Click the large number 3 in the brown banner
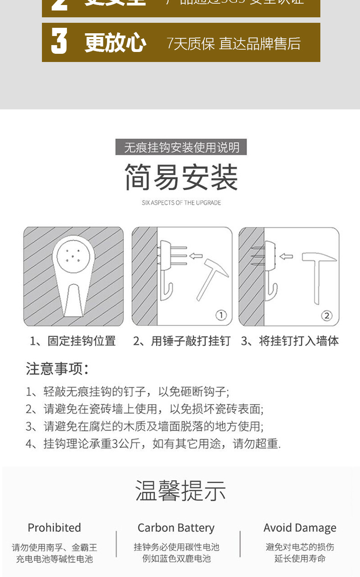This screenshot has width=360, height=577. pos(59,42)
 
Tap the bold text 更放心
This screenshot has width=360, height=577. pos(115,43)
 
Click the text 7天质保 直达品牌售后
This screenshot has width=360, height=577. pos(234,44)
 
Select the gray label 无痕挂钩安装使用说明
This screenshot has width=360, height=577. pos(181,148)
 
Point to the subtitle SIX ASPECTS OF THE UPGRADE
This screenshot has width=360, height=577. pos(181,203)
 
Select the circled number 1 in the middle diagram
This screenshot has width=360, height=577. pos(221,315)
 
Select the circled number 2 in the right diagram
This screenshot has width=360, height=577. pos(327,315)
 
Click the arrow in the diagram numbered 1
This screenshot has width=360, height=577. pos(195,256)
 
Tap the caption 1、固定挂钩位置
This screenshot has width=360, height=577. pos(73,341)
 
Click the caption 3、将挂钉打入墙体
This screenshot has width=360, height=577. pos(290,341)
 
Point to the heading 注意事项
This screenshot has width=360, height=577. pos(57,368)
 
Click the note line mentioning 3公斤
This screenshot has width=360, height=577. pos(153,443)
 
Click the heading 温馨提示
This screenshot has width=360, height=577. pos(181,491)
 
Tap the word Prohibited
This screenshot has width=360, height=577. pos(54,528)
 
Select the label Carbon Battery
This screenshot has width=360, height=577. pos(176,528)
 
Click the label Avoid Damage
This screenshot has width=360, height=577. pos(300,528)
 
